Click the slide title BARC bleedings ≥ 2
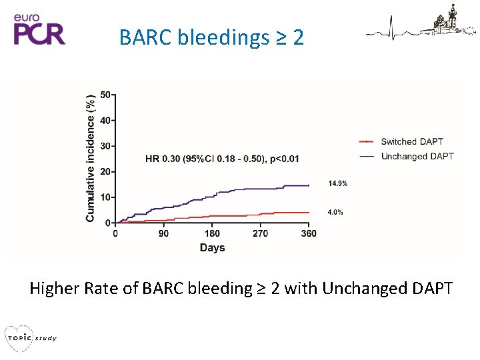click(211, 37)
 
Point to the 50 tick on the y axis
click(106, 95)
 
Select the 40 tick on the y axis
click(106, 121)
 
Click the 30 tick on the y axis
click(106, 146)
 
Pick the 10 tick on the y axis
click(106, 197)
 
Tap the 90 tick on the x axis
click(163, 234)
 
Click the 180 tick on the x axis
click(212, 234)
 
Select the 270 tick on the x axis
click(261, 234)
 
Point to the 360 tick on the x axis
click(309, 234)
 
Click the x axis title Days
click(212, 248)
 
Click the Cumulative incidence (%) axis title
click(91, 158)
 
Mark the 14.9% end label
click(337, 183)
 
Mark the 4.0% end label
click(335, 212)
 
